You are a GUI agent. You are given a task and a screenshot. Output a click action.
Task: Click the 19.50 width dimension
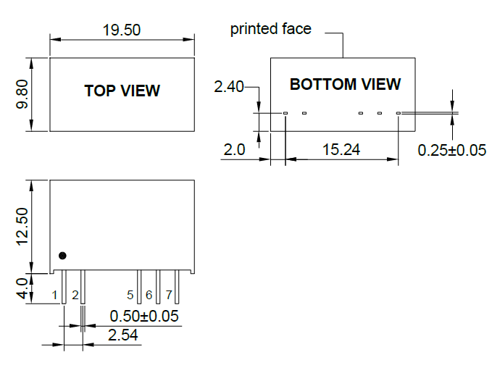tap(122, 30)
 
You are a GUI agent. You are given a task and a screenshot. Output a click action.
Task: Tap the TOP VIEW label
tap(122, 91)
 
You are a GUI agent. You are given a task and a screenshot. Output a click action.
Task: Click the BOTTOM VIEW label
tap(345, 84)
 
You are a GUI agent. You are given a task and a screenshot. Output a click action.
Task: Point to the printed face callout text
tap(270, 29)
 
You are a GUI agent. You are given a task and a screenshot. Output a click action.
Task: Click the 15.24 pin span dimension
tap(341, 150)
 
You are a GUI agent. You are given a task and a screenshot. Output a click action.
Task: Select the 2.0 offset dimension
tap(234, 150)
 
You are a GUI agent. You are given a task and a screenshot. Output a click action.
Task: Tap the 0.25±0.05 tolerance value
tap(452, 150)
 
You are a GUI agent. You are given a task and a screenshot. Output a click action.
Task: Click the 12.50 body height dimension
tap(22, 225)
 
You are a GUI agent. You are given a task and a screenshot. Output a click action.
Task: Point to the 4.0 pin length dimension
tap(22, 288)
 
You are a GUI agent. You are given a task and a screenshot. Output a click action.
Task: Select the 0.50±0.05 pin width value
tap(144, 317)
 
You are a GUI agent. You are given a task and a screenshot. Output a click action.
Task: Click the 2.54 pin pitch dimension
tap(122, 335)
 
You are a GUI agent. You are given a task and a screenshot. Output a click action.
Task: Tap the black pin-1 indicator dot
tap(62, 256)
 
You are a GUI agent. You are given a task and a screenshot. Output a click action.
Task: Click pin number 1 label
tap(54, 295)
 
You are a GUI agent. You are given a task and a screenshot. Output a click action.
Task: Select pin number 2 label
tap(75, 295)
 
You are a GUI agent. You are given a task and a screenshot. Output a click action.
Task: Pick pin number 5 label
tap(130, 295)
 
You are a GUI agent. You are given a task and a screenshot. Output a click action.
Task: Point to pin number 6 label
tap(149, 295)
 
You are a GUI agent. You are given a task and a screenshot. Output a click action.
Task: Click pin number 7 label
tap(169, 295)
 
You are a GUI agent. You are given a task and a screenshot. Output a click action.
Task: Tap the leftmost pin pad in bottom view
tap(285, 113)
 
